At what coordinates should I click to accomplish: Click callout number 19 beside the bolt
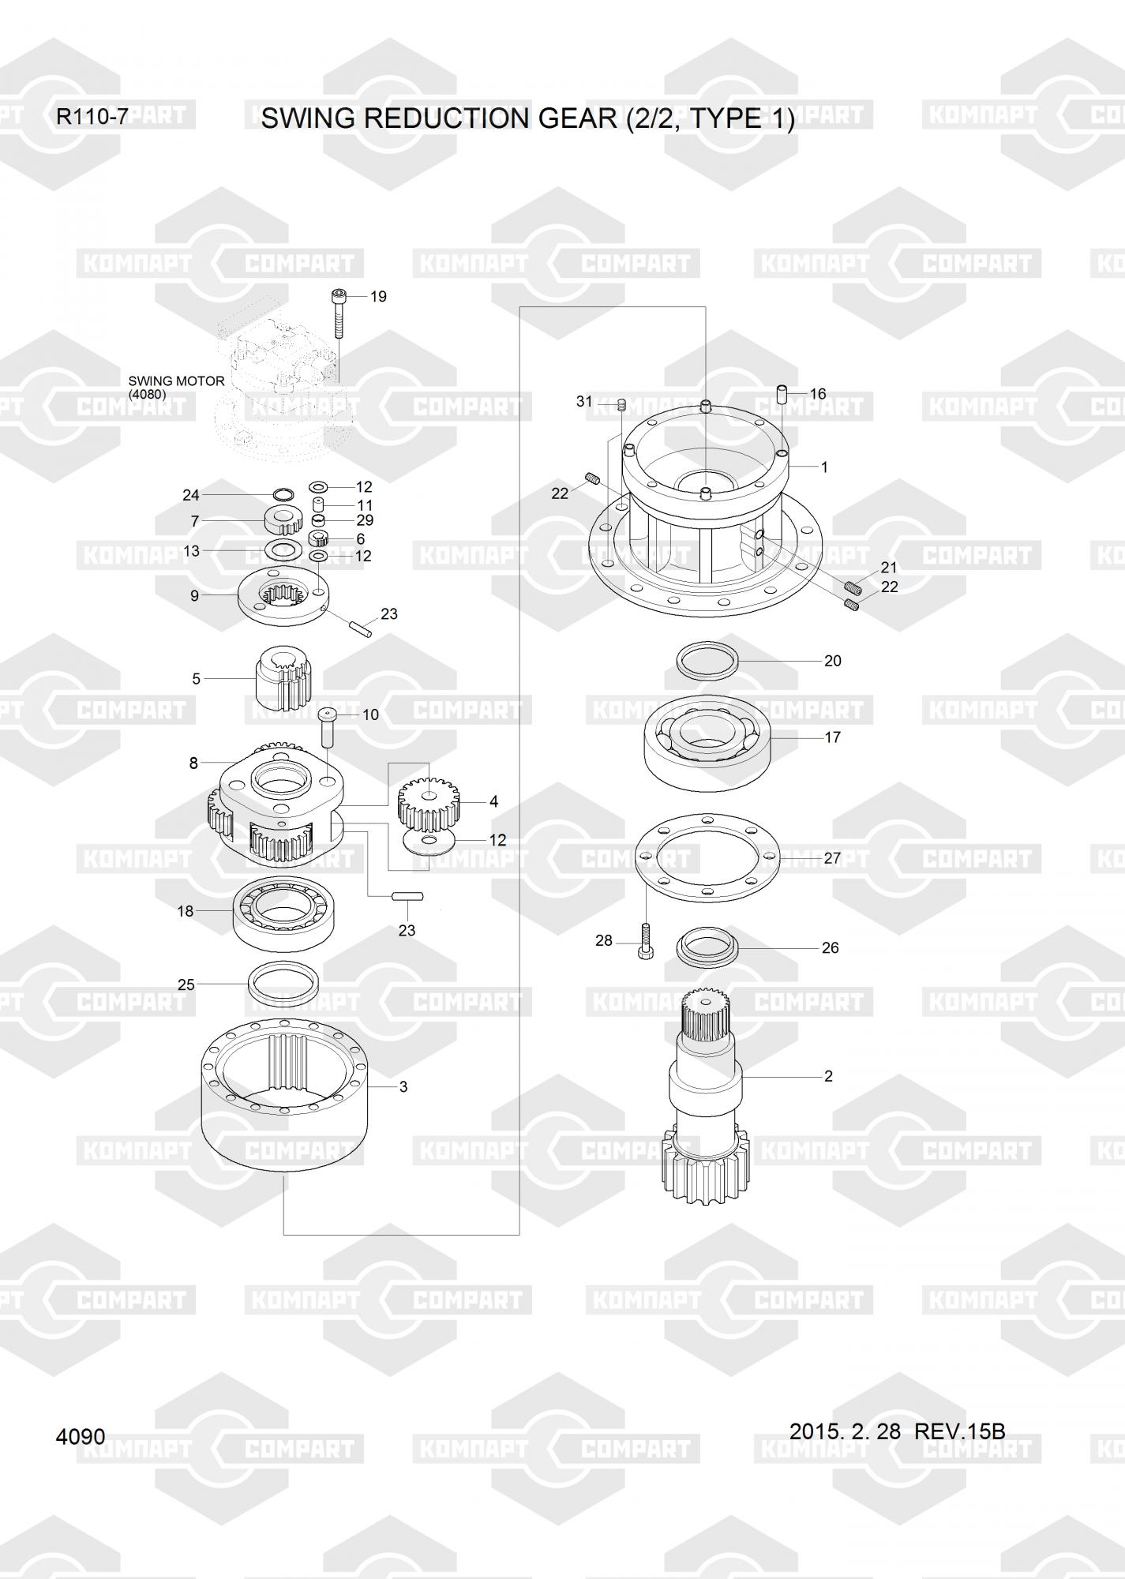coord(378,297)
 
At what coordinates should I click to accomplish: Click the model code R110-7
coord(92,118)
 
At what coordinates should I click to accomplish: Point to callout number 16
coord(817,393)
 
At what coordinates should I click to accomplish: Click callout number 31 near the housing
coord(584,401)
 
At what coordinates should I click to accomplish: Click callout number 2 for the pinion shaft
coord(828,1076)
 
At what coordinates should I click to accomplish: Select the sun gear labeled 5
coord(285,677)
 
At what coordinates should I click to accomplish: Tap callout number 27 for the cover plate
coord(832,857)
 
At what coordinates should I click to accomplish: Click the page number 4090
coord(81,1436)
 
